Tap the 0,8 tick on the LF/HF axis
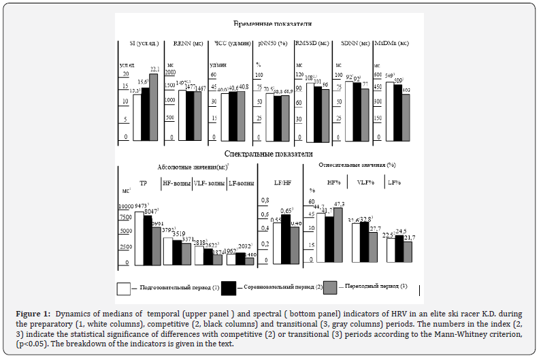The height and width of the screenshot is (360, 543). tap(265, 200)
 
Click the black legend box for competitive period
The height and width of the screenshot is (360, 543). tap(229, 288)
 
